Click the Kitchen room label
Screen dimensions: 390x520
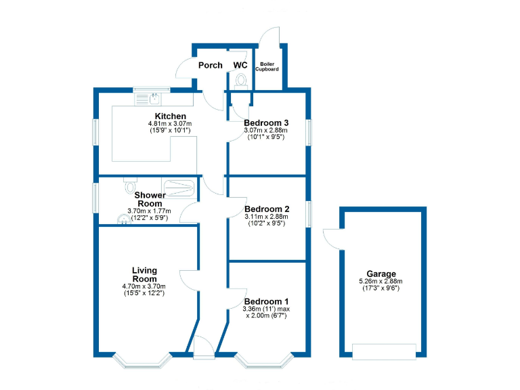point(171,116)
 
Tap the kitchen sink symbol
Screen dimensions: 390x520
point(152,99)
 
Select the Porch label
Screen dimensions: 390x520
point(210,65)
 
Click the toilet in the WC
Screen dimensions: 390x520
point(241,81)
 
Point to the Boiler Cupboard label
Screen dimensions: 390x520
point(267,66)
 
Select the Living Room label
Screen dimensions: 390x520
point(144,275)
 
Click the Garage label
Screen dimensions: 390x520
point(381,274)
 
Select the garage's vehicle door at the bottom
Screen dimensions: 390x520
point(384,351)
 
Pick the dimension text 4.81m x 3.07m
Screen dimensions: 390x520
point(170,124)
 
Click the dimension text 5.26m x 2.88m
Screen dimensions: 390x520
point(381,282)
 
